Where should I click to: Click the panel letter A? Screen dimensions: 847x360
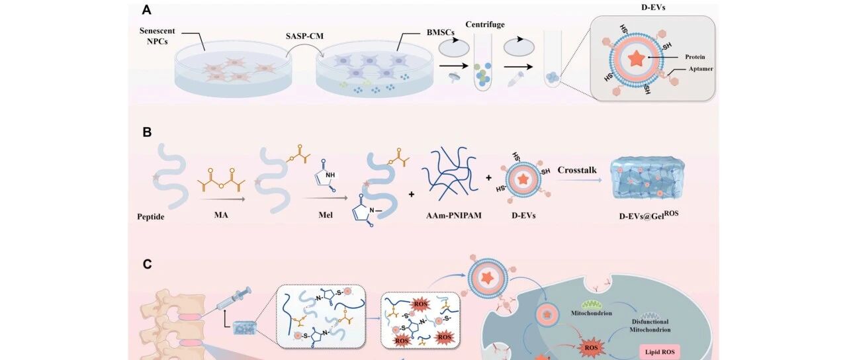(146, 10)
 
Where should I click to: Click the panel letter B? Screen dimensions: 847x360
(147, 132)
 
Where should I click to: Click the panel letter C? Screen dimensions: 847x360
(147, 264)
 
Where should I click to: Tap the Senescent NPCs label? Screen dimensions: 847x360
(157, 36)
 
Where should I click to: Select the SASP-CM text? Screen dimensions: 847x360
(304, 36)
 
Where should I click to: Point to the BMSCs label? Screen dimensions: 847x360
(441, 32)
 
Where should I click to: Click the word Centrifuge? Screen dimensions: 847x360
(485, 24)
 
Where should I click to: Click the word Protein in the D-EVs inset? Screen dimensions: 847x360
(695, 57)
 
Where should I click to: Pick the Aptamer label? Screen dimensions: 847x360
(701, 69)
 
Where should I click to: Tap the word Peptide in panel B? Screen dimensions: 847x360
(150, 217)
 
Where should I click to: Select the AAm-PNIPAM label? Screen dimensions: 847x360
(454, 216)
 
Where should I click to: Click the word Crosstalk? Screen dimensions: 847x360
(577, 170)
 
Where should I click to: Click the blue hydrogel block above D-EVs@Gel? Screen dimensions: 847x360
(648, 179)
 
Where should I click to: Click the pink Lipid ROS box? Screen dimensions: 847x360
(660, 352)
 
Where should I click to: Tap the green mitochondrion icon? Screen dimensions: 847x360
(591, 304)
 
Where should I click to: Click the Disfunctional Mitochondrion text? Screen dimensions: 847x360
(650, 326)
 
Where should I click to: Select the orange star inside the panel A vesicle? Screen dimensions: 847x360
(637, 59)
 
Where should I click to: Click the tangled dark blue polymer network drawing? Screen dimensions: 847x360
(450, 174)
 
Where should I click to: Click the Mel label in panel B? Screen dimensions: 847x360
(326, 215)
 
